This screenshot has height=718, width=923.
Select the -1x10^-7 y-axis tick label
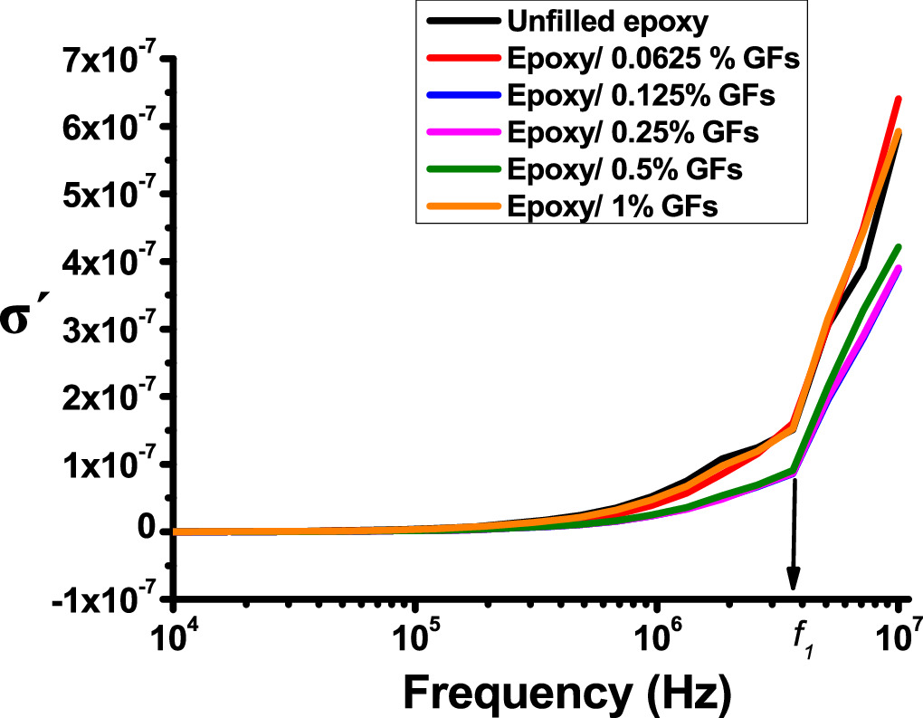[x=101, y=601]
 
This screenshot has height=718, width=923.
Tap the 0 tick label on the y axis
[x=148, y=531]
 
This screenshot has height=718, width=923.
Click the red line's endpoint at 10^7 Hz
[x=899, y=98]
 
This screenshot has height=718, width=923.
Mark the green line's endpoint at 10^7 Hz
[x=899, y=246]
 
